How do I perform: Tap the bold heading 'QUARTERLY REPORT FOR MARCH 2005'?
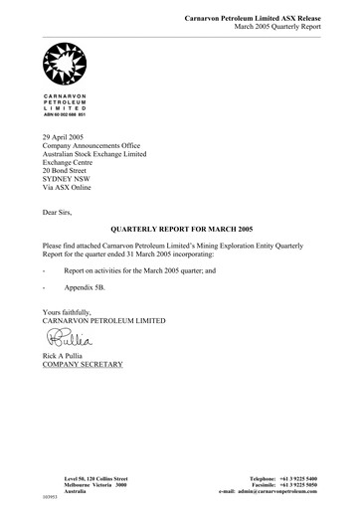pyautogui.click(x=179, y=228)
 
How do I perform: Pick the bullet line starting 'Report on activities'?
pyautogui.click(x=136, y=269)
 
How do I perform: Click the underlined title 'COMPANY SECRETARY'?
pyautogui.click(x=83, y=365)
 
